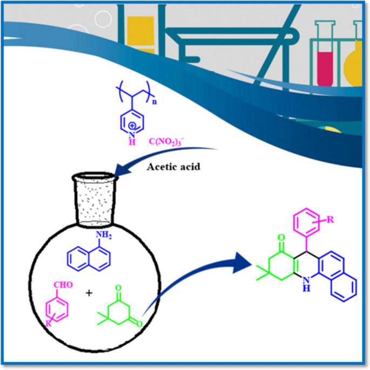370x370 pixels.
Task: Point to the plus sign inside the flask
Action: coord(89,294)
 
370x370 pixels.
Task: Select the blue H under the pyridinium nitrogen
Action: coord(131,141)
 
